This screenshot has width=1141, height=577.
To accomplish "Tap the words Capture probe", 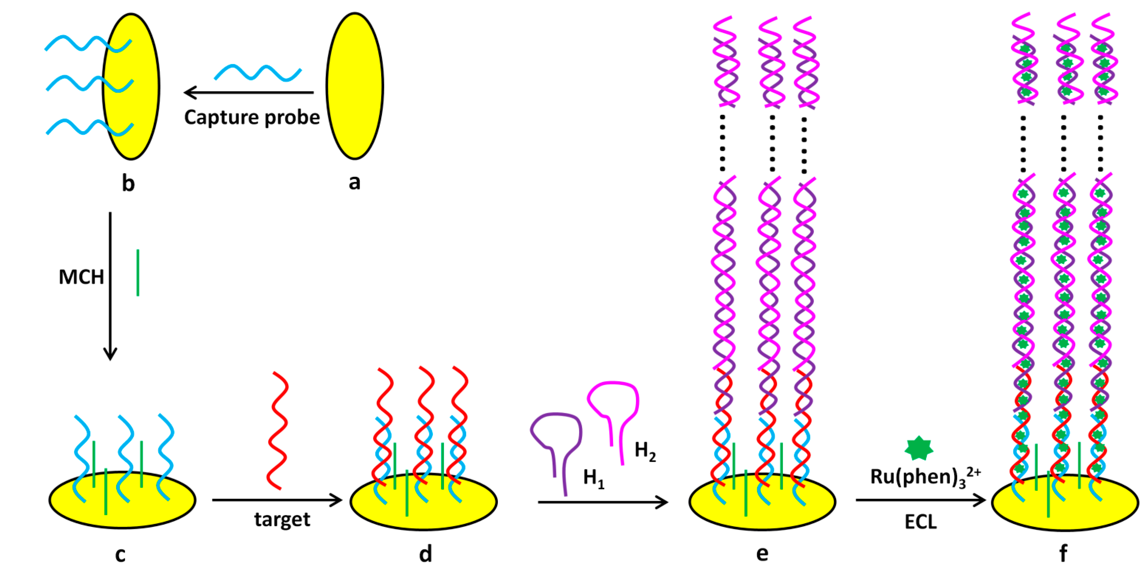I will pyautogui.click(x=252, y=117).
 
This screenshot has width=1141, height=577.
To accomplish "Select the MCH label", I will pyautogui.click(x=81, y=277).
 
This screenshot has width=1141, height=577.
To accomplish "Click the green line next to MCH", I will pyautogui.click(x=138, y=273).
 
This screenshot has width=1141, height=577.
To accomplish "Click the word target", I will pyautogui.click(x=282, y=519).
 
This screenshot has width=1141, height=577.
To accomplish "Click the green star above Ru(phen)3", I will pyautogui.click(x=919, y=448).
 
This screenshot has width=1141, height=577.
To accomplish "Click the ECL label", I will pyautogui.click(x=920, y=522).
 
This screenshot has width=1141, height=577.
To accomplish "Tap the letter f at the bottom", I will pyautogui.click(x=1063, y=553).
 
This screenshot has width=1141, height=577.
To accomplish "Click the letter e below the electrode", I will pyautogui.click(x=762, y=553).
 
